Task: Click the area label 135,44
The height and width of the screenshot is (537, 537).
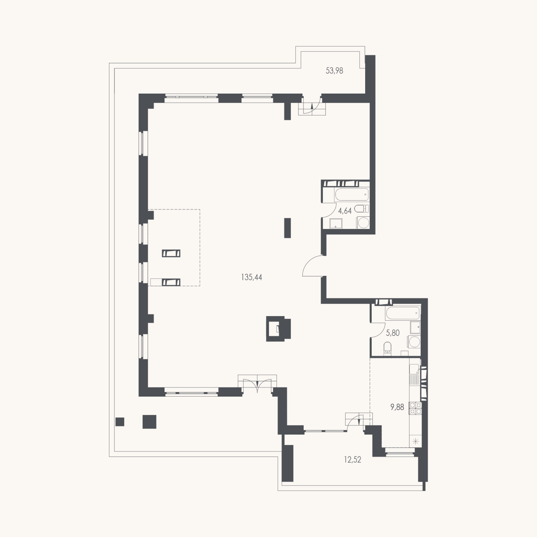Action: coord(252,277)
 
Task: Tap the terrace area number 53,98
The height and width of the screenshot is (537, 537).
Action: coord(334,71)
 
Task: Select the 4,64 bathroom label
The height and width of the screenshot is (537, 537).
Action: coord(345,211)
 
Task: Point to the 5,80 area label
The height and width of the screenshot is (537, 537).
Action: coord(393,333)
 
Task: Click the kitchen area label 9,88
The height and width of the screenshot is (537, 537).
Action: coord(397,407)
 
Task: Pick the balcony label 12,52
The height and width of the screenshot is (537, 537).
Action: coord(353,460)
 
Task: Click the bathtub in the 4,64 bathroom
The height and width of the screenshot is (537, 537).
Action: coord(352,195)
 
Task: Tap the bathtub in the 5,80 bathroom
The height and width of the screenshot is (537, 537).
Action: coord(403,313)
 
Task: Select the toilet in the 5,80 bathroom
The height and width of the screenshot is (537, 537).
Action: coord(388,349)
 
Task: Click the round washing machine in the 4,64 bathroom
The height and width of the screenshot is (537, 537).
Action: coord(363,223)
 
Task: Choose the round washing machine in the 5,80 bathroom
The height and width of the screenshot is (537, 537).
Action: coord(414,341)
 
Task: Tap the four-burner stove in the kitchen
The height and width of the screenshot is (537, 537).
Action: coord(415,408)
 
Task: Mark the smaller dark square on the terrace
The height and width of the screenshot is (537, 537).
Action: coord(120,422)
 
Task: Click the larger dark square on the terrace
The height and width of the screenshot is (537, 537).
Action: coord(149,422)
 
